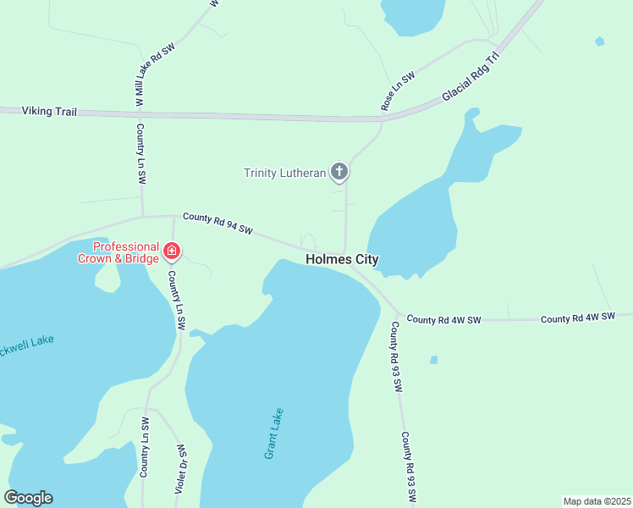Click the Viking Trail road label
[49, 111]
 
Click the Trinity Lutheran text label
[284, 173]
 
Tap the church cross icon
[339, 173]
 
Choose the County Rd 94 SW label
[218, 224]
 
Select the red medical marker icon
[172, 251]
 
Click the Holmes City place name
[342, 260]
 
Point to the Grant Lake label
[273, 433]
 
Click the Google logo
[29, 498]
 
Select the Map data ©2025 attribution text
[596, 501]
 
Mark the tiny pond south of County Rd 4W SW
[434, 360]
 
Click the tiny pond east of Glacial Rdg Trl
[600, 41]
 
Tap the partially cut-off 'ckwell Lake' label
[26, 341]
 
